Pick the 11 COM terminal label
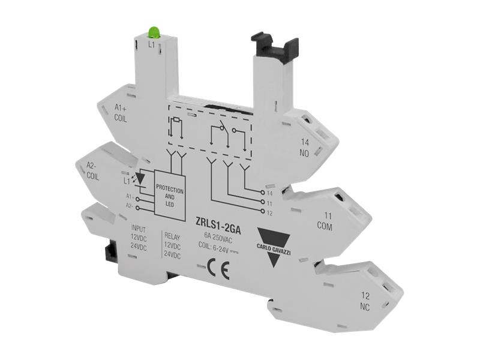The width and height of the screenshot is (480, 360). click(325, 220)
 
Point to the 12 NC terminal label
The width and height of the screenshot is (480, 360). click(365, 300)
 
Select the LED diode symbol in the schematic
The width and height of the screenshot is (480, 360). click(141, 179)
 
